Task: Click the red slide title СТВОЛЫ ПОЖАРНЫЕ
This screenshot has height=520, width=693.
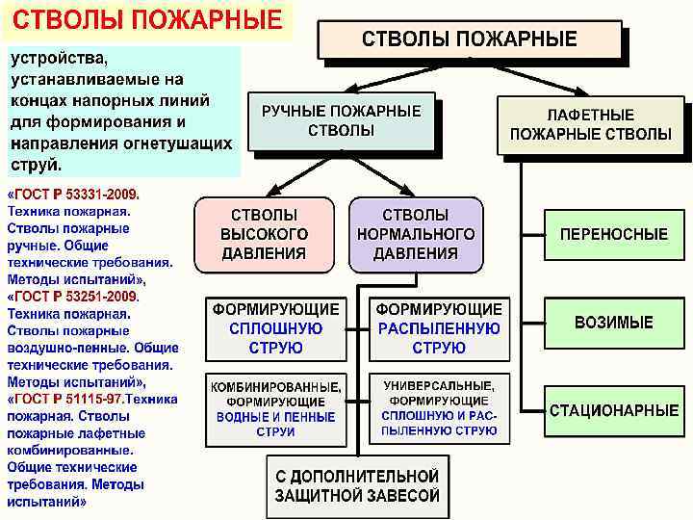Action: (x=146, y=19)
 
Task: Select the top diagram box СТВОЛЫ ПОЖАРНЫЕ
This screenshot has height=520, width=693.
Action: (x=470, y=40)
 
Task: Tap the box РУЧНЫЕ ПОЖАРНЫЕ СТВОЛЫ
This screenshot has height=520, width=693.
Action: (x=341, y=121)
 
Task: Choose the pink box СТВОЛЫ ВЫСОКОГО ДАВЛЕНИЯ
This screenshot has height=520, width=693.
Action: (x=264, y=234)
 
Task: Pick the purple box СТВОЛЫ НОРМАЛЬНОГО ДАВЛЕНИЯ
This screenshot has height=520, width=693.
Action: (x=415, y=234)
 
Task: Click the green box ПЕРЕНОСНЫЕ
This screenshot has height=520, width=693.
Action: (x=613, y=234)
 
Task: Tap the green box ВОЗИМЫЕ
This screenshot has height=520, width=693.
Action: (x=613, y=323)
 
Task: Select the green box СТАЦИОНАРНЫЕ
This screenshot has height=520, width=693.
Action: (x=613, y=410)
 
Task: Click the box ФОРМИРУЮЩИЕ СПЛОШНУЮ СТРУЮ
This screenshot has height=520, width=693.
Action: (x=275, y=328)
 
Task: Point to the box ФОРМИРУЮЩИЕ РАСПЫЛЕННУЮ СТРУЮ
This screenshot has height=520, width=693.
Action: (x=438, y=328)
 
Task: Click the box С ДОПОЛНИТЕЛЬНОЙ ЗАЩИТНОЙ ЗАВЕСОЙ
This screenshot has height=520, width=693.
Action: (x=357, y=486)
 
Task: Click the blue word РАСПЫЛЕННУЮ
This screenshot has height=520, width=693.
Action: (x=438, y=328)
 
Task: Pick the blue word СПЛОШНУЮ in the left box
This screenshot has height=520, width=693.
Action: (x=275, y=328)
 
